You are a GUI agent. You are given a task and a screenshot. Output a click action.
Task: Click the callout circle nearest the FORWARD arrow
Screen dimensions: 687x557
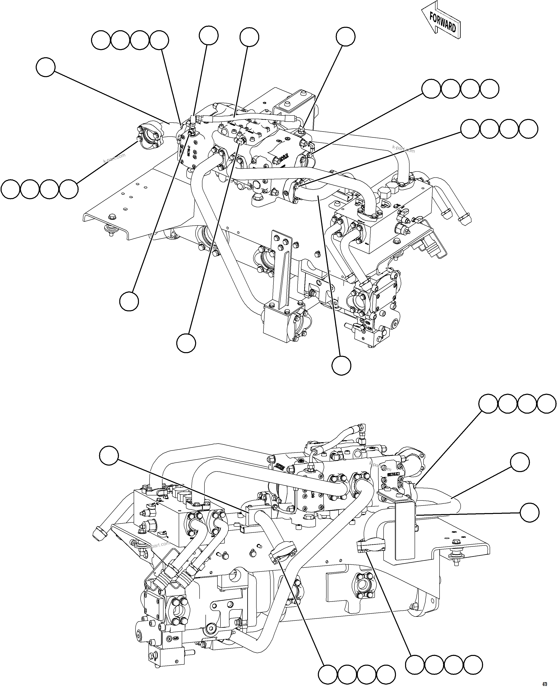point(346,36)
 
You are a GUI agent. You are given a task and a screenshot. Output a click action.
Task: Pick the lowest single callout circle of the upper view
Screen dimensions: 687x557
point(341,365)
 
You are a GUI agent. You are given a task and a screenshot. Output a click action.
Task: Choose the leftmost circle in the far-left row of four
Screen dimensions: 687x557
point(10,189)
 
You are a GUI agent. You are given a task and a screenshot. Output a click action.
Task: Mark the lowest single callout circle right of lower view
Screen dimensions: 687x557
point(529,512)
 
